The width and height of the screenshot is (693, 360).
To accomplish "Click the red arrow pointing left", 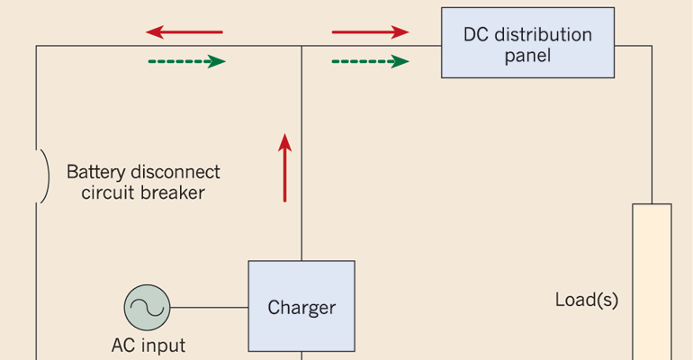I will click(184, 32).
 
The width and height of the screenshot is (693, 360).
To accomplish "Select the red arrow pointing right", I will click(370, 32).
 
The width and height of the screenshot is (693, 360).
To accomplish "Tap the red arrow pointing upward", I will click(285, 167).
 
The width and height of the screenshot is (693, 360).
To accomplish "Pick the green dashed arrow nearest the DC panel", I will click(370, 61).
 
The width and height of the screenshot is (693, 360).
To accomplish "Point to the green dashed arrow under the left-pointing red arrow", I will click(185, 61).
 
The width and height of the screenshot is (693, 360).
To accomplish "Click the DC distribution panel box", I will click(527, 43).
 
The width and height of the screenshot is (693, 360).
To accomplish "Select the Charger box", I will click(301, 307).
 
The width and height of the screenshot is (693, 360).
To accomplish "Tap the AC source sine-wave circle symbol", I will click(147, 307).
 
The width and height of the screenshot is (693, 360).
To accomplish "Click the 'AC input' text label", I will click(148, 345).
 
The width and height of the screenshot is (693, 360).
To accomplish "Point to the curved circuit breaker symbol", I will click(42, 176).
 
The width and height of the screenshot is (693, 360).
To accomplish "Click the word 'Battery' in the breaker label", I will click(97, 171).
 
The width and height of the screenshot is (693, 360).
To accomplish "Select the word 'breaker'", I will click(173, 192).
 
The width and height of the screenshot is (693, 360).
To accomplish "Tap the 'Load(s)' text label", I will click(586, 300).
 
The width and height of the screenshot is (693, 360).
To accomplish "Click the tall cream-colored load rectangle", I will click(652, 279).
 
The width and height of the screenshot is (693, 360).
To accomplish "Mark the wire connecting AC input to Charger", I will click(209, 307).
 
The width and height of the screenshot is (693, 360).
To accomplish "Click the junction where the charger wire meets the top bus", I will click(301, 46).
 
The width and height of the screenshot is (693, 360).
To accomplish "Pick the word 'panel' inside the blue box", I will click(527, 56).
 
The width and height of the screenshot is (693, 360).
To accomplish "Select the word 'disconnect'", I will click(176, 171).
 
